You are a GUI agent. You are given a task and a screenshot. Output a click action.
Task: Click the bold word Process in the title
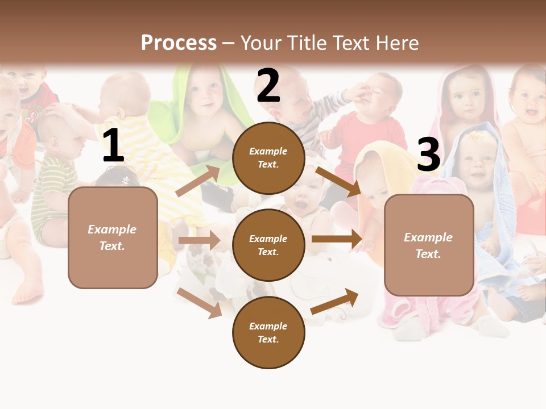pyautogui.click(x=179, y=43)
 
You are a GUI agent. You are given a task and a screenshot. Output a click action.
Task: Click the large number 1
pyautogui.click(x=113, y=147)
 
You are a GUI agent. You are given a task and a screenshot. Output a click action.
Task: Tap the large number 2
pyautogui.click(x=268, y=86)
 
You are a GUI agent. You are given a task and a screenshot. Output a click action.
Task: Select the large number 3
pyautogui.click(x=428, y=156)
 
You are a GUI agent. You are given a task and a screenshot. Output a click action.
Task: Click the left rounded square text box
pyautogui.click(x=113, y=237)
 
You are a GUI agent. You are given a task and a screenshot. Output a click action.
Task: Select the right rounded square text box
pyautogui.click(x=429, y=245)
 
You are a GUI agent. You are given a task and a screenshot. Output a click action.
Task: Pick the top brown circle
pyautogui.click(x=268, y=158)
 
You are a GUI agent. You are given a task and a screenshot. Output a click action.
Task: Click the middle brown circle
pyautogui.click(x=268, y=245)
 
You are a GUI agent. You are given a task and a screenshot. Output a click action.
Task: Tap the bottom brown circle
pyautogui.click(x=268, y=332)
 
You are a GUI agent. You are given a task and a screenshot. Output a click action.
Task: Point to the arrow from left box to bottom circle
pyautogui.click(x=199, y=302)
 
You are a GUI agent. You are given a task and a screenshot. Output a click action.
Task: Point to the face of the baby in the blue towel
pyautogui.click(x=477, y=158)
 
